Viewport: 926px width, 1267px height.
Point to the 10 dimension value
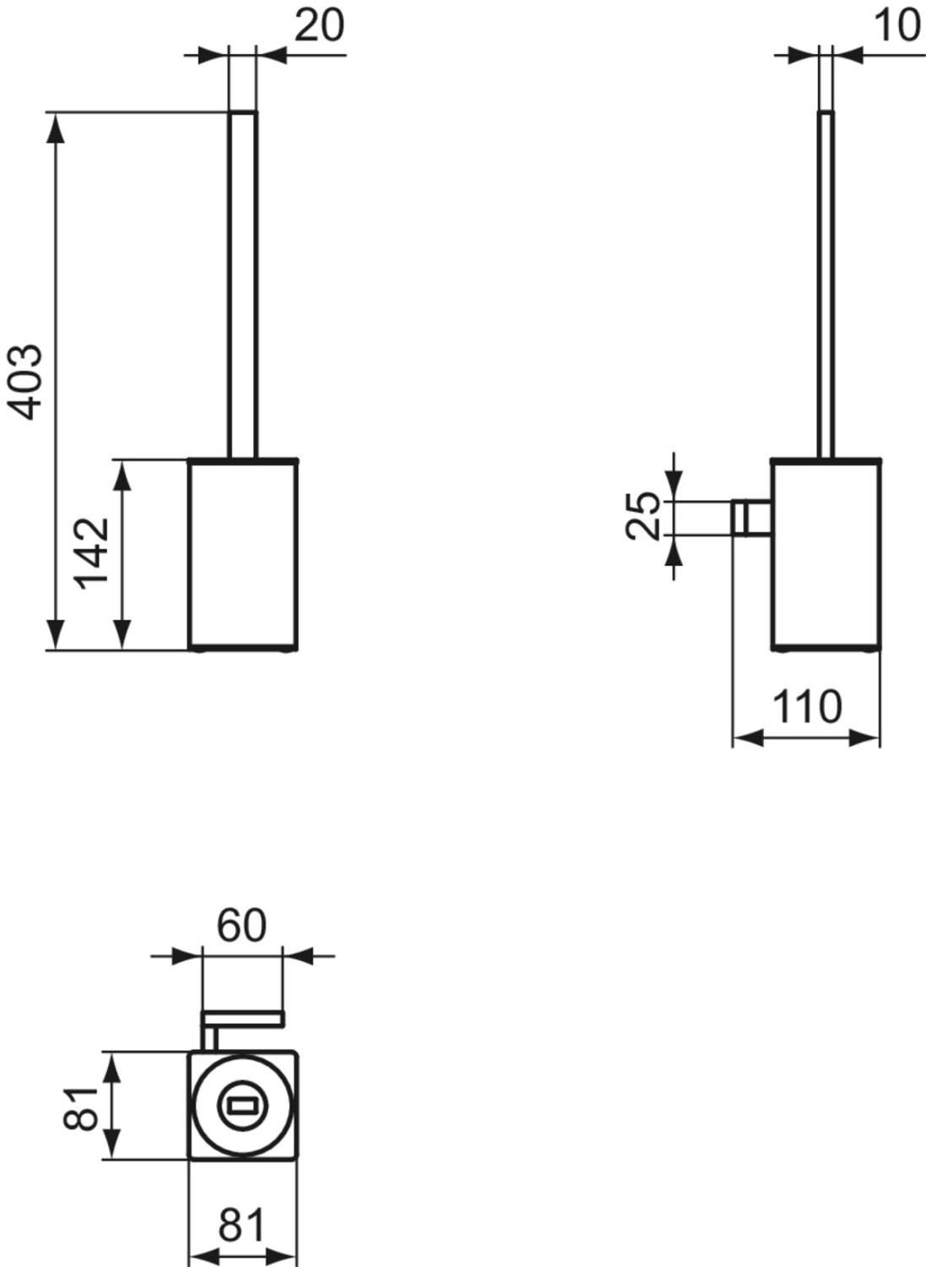click(896, 25)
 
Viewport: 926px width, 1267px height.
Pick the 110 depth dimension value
click(807, 706)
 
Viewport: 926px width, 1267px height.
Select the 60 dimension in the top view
click(241, 926)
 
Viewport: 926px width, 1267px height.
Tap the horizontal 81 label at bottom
click(241, 1226)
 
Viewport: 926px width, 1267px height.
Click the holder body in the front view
click(242, 554)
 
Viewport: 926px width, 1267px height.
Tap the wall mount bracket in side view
click(750, 517)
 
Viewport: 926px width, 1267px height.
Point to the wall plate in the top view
click(243, 1019)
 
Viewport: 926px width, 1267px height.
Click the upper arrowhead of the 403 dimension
click(56, 127)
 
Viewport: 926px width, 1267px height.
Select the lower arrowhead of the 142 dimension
click(122, 635)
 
